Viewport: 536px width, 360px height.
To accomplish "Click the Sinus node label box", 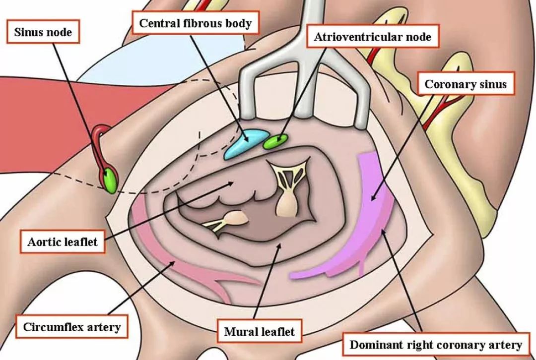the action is [x=43, y=32].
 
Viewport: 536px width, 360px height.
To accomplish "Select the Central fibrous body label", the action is [x=196, y=23].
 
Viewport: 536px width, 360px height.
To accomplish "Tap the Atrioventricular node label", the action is [x=373, y=36].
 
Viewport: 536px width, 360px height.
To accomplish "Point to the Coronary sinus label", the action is [x=466, y=83].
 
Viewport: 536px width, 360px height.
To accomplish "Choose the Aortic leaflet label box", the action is [x=63, y=241].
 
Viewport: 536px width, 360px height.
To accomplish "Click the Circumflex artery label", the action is [x=72, y=326].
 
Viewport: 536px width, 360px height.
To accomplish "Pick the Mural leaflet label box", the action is [x=260, y=331].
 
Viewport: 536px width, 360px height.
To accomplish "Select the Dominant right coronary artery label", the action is [x=436, y=345].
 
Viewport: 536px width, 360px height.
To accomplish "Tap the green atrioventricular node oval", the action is [x=275, y=141].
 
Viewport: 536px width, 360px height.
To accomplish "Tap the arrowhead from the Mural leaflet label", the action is [x=279, y=246].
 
